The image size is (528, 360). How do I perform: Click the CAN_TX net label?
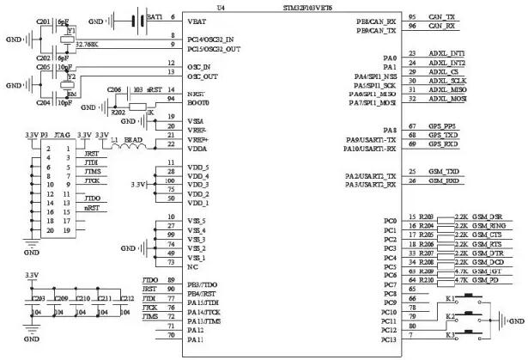(441, 16)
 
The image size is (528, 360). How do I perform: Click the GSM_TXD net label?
(443, 171)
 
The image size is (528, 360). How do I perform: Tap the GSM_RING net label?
(487, 226)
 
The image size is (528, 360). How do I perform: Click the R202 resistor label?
(115, 112)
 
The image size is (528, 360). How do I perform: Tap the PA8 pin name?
(389, 129)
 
